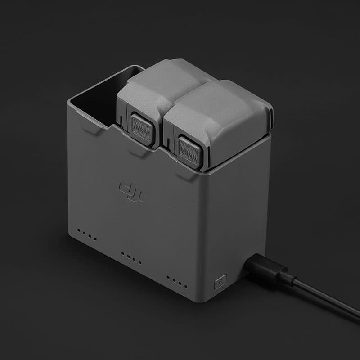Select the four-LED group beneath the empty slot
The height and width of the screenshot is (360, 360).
pos(87,234)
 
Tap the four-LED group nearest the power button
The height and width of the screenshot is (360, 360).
pos(177,282)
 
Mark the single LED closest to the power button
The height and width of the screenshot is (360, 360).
pos(186,286)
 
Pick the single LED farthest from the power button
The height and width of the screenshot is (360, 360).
pos(78,230)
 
